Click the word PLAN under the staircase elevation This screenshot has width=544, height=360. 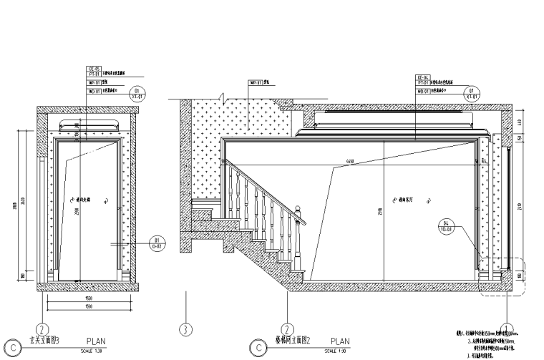[340, 342]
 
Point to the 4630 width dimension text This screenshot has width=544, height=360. [350, 161]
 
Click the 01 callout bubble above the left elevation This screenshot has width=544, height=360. [137, 92]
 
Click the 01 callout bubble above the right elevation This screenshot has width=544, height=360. [472, 92]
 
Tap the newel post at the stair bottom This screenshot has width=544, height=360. [300, 243]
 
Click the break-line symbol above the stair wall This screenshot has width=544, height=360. [224, 94]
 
